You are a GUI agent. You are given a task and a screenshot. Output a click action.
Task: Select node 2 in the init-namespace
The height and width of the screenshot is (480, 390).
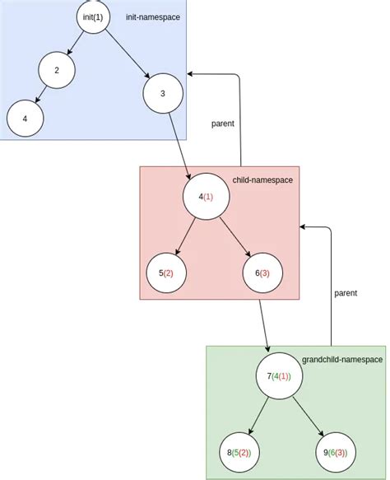pyautogui.click(x=56, y=70)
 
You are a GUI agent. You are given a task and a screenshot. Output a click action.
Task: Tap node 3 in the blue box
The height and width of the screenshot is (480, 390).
pyautogui.click(x=162, y=93)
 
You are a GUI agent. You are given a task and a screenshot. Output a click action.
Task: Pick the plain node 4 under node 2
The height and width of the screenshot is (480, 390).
pyautogui.click(x=25, y=119)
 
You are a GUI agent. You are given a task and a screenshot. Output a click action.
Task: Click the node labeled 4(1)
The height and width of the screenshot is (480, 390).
pyautogui.click(x=205, y=197)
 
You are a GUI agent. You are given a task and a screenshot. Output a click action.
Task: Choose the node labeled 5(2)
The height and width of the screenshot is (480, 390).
pyautogui.click(x=165, y=273)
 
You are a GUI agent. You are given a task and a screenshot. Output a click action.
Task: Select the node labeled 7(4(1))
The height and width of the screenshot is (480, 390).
pyautogui.click(x=279, y=376)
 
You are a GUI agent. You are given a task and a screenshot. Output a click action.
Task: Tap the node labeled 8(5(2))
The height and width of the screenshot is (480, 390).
pyautogui.click(x=239, y=453)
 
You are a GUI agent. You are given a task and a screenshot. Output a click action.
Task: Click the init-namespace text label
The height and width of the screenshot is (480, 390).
pyautogui.click(x=152, y=17)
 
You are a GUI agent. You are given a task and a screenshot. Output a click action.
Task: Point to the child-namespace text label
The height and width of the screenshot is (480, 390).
pyautogui.click(x=262, y=179)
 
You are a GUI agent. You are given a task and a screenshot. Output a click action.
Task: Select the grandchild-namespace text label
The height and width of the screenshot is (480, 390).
pyautogui.click(x=342, y=360)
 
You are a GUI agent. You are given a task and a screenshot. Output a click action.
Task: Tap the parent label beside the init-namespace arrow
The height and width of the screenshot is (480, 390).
pyautogui.click(x=222, y=123)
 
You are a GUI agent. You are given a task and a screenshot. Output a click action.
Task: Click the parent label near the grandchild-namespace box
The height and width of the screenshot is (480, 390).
pyautogui.click(x=346, y=292)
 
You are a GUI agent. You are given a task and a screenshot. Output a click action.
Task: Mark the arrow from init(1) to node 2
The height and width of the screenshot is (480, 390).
pyautogui.click(x=77, y=42)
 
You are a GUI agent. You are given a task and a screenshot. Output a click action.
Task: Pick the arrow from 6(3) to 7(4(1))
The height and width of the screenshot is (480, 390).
pyautogui.click(x=264, y=325)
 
